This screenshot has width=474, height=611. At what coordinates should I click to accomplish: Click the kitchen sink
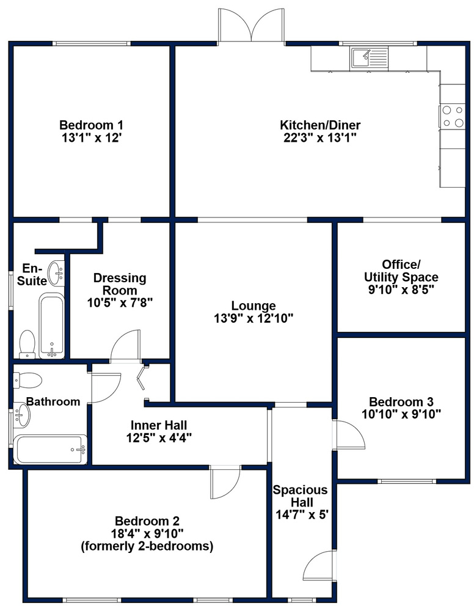[369, 58]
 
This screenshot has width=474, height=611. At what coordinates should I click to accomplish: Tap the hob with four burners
[452, 117]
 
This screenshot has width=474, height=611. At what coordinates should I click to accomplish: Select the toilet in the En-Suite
[27, 344]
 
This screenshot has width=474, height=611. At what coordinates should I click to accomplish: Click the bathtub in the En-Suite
[51, 326]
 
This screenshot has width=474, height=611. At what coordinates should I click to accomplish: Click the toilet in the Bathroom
[27, 380]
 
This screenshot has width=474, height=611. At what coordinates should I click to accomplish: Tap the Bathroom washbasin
[21, 415]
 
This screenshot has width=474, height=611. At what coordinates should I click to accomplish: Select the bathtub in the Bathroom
[50, 449]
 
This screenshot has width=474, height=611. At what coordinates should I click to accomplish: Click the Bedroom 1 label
[91, 125]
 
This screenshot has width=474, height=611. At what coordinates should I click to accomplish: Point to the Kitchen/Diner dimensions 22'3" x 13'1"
[320, 137]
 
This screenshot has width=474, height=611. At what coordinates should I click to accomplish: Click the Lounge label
[253, 306]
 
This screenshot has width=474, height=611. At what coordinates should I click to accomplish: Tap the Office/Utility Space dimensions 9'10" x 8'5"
[401, 290]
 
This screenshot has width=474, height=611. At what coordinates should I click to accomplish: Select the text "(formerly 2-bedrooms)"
[147, 546]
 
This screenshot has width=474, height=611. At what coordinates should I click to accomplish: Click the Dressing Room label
[120, 284]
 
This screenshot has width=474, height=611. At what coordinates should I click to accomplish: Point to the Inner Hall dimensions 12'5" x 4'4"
[159, 437]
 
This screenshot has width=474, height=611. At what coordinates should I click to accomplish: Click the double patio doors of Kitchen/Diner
[252, 24]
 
